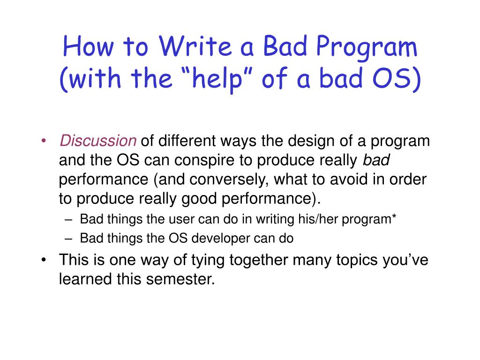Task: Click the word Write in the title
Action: click(x=195, y=46)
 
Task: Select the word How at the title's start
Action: click(x=88, y=46)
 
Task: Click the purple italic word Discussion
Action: click(x=98, y=141)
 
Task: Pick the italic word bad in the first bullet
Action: click(x=376, y=160)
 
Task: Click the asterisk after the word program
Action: click(x=394, y=216)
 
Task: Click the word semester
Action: click(x=180, y=279)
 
